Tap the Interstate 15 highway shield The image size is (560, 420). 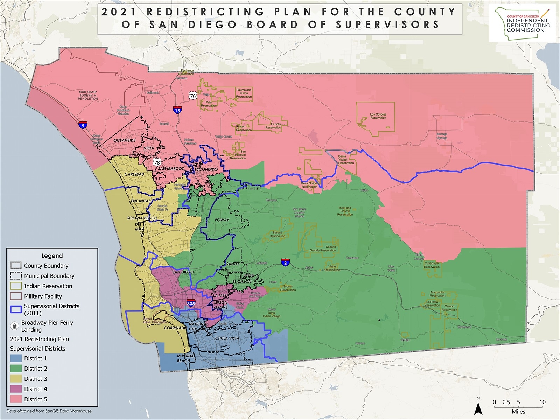pyautogui.click(x=177, y=110)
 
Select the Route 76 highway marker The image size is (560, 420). pyautogui.click(x=192, y=96)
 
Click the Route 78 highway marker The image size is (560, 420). pyautogui.click(x=157, y=162)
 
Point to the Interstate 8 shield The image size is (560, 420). pyautogui.click(x=285, y=262)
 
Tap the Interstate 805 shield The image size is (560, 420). pyautogui.click(x=191, y=303)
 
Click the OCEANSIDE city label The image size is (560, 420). pyautogui.click(x=124, y=140)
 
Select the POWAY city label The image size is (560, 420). pyautogui.click(x=222, y=220)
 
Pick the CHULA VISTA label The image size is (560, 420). pyautogui.click(x=227, y=338)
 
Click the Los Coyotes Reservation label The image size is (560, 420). pyautogui.click(x=378, y=116)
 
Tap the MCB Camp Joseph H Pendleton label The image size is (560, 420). pyautogui.click(x=88, y=95)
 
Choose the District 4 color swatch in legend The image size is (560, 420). pyautogui.click(x=16, y=389)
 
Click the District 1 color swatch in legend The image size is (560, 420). pyautogui.click(x=16, y=358)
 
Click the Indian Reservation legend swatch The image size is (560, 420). pyautogui.click(x=16, y=286)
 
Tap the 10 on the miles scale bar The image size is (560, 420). pyautogui.click(x=542, y=402)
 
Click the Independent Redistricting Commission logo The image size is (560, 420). pyautogui.click(x=522, y=23)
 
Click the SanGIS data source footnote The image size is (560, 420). pyautogui.click(x=49, y=411)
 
